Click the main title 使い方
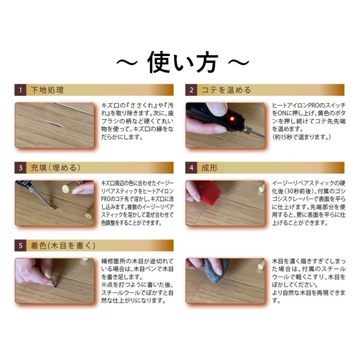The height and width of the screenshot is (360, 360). [182, 62]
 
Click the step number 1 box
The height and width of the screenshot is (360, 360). [20, 90]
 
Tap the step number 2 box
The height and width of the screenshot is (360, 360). [191, 90]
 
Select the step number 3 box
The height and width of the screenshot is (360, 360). [20, 168]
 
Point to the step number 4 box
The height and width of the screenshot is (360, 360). [191, 168]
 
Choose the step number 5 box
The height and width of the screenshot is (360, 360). [20, 245]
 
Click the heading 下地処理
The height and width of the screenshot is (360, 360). [47, 90]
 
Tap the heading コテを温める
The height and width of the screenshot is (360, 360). [226, 90]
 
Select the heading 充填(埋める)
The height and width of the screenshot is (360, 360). [56, 168]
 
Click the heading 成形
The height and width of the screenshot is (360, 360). [210, 168]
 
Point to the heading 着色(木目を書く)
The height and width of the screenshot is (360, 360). [63, 245]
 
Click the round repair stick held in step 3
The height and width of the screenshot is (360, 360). [66, 188]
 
